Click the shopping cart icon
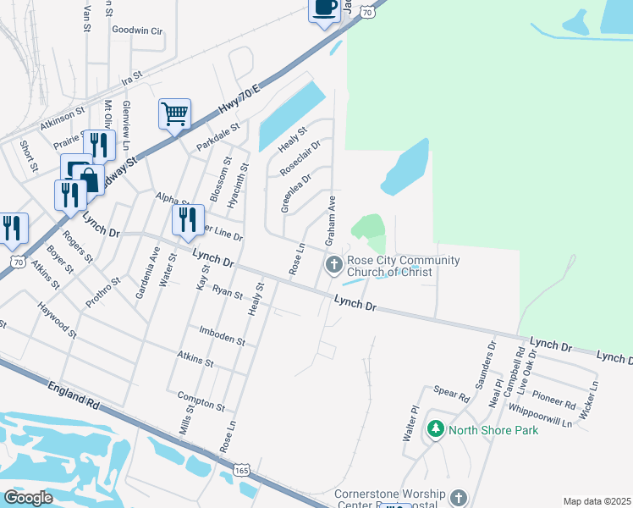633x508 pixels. point(174,113)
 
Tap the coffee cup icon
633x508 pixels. point(323,8)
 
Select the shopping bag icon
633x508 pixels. point(88,179)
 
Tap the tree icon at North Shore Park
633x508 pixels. point(435,429)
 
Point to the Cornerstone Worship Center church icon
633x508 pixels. point(459,497)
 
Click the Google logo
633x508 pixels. point(29,497)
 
